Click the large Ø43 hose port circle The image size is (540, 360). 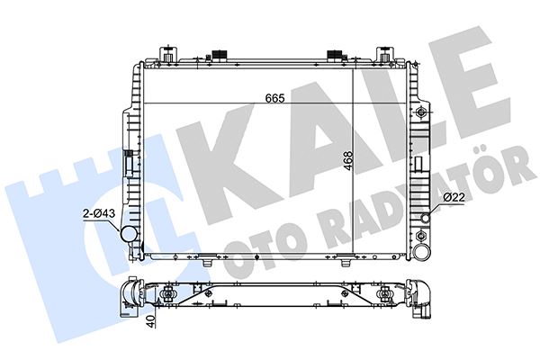pos(130,235)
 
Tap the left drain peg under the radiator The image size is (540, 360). pos(209,263)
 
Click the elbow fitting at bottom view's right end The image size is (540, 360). pos(420,297)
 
